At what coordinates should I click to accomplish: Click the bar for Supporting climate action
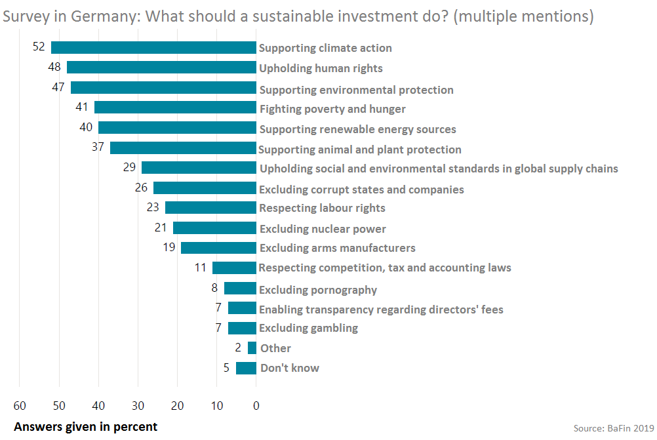tap(153, 47)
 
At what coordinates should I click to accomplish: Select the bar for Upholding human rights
tap(161, 68)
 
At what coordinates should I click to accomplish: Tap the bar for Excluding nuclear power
tap(214, 228)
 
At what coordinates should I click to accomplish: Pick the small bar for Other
tap(252, 348)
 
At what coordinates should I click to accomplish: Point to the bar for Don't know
tap(246, 368)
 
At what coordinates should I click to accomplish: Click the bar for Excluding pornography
tap(240, 289)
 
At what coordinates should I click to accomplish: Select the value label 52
tap(39, 47)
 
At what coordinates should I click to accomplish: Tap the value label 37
tap(98, 148)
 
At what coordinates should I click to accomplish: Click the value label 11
tap(200, 268)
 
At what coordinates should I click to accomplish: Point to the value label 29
tap(129, 168)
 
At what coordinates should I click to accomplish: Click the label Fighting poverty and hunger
tap(332, 109)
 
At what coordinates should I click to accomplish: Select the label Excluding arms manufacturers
tap(337, 248)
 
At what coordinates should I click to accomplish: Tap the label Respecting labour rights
tap(322, 208)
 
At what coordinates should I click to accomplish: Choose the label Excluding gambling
tap(308, 328)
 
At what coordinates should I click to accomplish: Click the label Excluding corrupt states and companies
tap(361, 190)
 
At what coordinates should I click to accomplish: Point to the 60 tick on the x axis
tap(20, 405)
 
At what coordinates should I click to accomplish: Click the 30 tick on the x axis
tap(138, 405)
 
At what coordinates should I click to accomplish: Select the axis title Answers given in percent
tap(86, 427)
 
